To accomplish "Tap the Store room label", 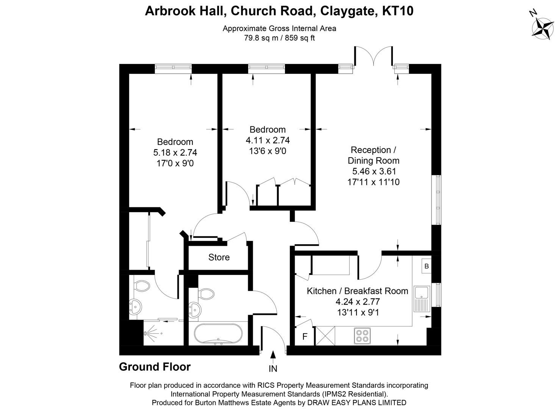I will (x=219, y=258).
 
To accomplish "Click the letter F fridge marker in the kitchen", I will (x=305, y=337).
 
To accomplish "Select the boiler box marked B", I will (x=426, y=266).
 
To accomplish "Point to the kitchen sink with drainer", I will (x=421, y=299).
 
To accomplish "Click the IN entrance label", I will (x=273, y=368).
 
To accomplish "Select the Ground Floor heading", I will (x=155, y=367).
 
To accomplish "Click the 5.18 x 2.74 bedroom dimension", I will (x=175, y=153).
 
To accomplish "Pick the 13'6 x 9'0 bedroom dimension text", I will (x=267, y=151).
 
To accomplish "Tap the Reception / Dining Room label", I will (x=373, y=155).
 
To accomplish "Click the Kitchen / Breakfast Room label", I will (x=357, y=291).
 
